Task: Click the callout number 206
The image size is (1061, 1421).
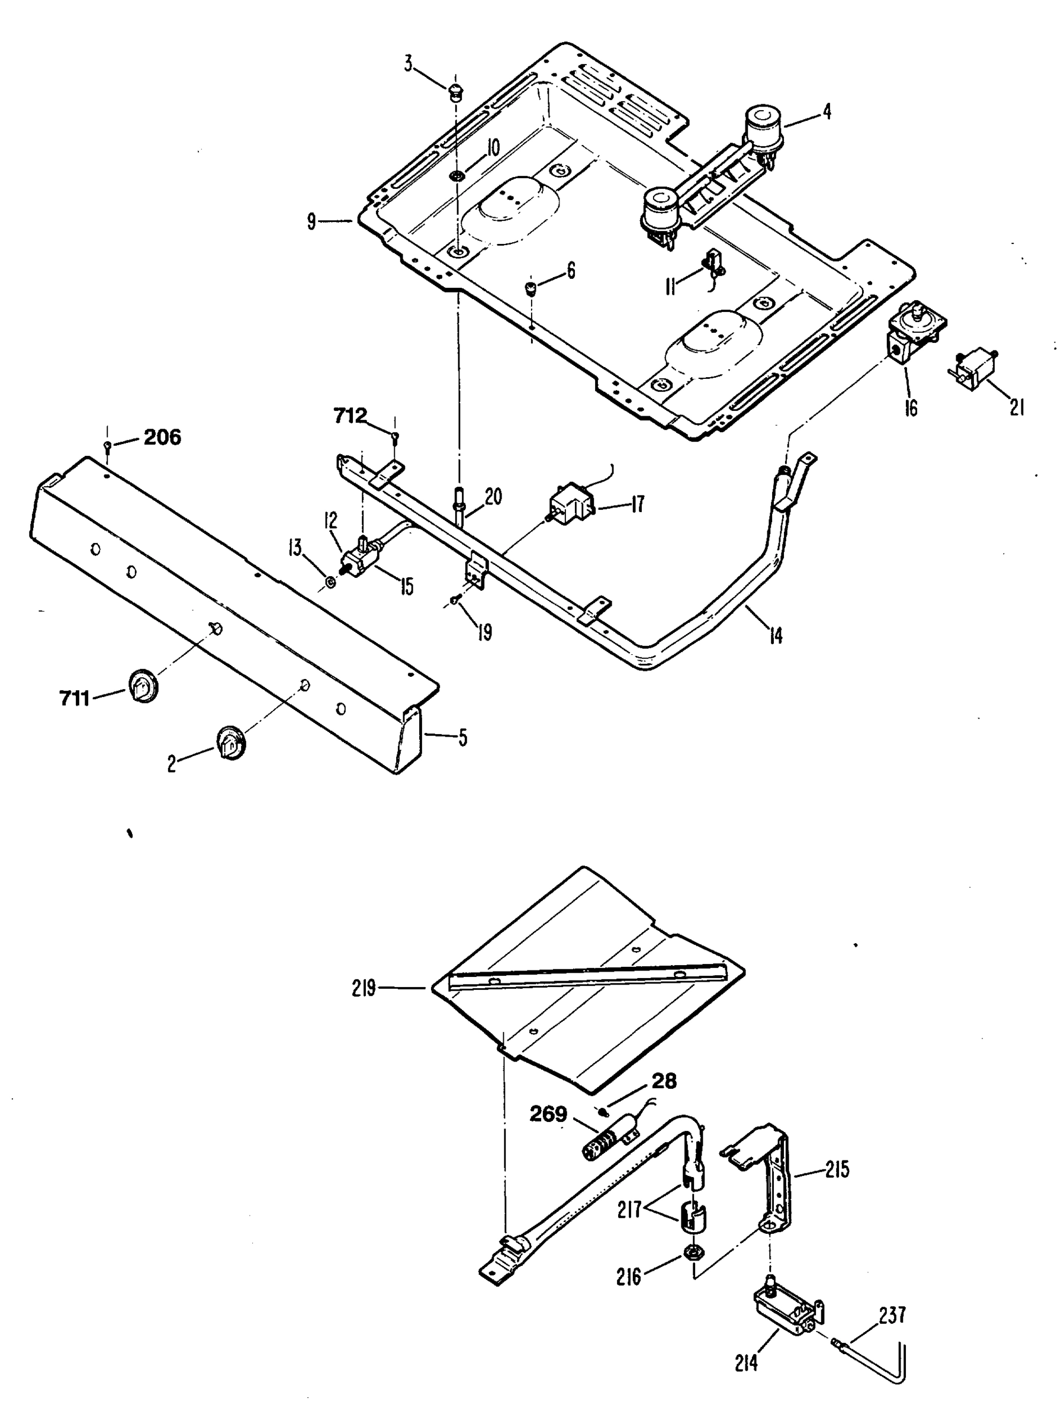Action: click(x=162, y=438)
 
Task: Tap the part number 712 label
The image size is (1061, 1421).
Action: click(x=349, y=417)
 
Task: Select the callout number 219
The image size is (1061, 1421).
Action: click(x=364, y=988)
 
